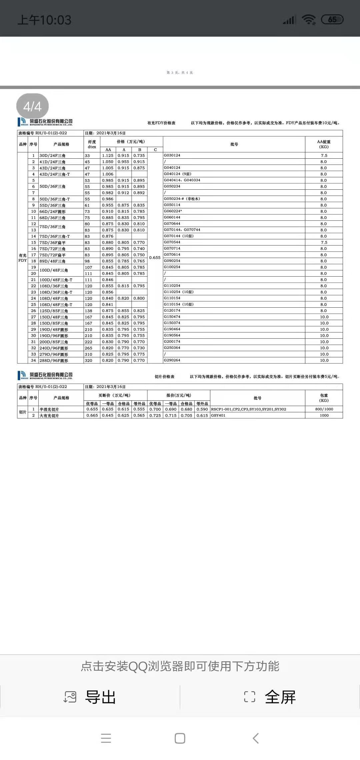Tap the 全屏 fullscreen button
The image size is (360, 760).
pos(270,697)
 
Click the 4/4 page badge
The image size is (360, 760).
pos(32,107)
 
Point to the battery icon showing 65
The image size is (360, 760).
pos(332,20)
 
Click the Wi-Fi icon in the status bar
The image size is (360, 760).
pos(308,20)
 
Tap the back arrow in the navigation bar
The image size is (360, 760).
pos(256,738)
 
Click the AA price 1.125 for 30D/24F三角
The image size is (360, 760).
pos(108,156)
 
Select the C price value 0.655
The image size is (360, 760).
pos(155,258)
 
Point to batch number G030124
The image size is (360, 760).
pos(172,155)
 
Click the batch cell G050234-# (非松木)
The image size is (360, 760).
pos(182,199)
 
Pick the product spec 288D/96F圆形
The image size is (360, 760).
pos(54,361)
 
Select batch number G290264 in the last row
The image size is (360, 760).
pos(172,360)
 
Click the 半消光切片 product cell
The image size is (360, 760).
pos(49,410)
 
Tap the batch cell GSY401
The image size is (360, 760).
pos(218,416)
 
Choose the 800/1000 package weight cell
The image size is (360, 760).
pos(324,409)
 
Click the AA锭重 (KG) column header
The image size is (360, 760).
pos(324,144)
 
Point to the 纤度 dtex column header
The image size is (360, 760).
pos(92,144)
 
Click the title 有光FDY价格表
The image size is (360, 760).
pos(161,123)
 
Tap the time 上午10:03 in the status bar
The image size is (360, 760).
pos(44,20)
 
